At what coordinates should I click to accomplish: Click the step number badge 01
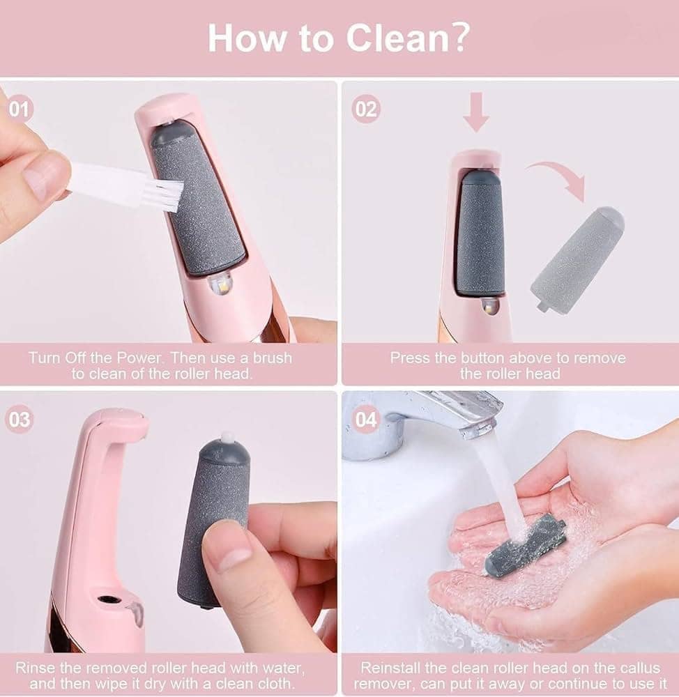point(19,109)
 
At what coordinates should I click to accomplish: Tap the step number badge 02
point(365,109)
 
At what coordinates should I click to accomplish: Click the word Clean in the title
point(398,38)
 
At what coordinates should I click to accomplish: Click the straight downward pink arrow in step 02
point(476,112)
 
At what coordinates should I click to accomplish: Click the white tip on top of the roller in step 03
point(227,436)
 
